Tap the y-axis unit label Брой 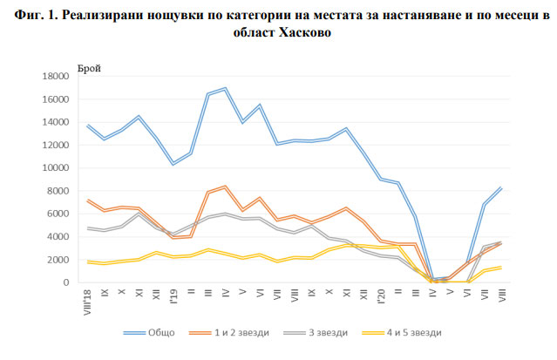click(88, 66)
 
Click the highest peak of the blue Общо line click(225, 88)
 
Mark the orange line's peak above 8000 click(225, 186)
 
